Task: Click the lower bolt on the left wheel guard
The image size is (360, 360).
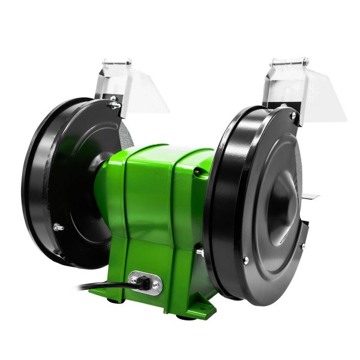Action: [x=58, y=226]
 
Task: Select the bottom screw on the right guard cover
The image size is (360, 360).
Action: [x=245, y=260]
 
